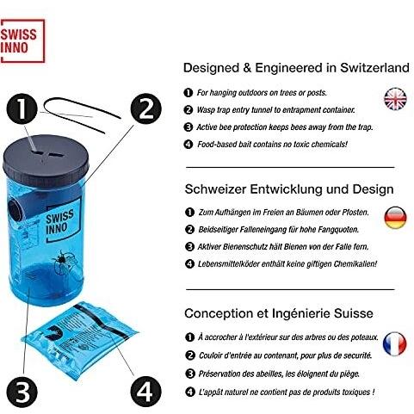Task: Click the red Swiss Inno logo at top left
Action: pyautogui.click(x=22, y=40)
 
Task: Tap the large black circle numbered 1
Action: pyautogui.click(x=22, y=109)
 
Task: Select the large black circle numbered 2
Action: pyautogui.click(x=145, y=108)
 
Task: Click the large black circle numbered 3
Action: pyautogui.click(x=22, y=392)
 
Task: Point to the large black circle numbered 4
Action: pyautogui.click(x=145, y=392)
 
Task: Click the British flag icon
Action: pyautogui.click(x=395, y=99)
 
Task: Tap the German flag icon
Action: pyautogui.click(x=395, y=218)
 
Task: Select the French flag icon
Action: pyautogui.click(x=395, y=343)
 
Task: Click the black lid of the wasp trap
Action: pyautogui.click(x=46, y=160)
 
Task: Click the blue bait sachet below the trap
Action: pyautogui.click(x=80, y=339)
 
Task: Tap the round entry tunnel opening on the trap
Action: pyautogui.click(x=15, y=210)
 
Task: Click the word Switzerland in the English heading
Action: pyautogui.click(x=374, y=68)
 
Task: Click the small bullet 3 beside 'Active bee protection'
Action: pyautogui.click(x=188, y=127)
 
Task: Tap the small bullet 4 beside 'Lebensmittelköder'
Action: pyautogui.click(x=189, y=263)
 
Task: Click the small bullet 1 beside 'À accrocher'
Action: pyautogui.click(x=189, y=337)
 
